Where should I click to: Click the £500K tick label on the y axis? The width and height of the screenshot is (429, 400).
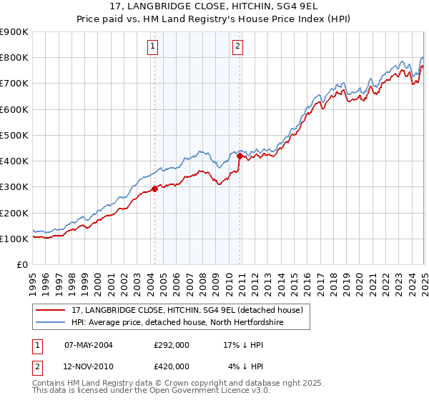[14, 135]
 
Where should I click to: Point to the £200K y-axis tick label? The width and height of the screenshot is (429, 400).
[14, 213]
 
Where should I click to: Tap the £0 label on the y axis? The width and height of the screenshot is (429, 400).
[21, 265]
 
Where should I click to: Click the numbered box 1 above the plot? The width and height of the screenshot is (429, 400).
[153, 47]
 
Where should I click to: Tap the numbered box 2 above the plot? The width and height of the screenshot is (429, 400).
[237, 47]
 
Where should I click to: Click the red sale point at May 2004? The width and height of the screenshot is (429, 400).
[154, 189]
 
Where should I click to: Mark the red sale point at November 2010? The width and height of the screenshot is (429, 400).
[240, 156]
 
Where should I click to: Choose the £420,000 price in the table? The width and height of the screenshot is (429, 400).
[172, 366]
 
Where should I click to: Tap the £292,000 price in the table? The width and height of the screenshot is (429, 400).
[172, 344]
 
